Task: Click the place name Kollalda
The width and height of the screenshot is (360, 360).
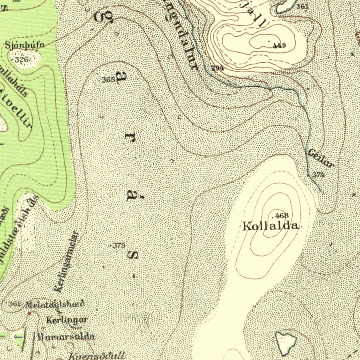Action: [270, 226]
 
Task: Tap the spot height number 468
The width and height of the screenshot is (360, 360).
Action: [282, 215]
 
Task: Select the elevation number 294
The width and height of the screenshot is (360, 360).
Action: [217, 68]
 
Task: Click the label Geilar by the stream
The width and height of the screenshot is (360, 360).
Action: [321, 158]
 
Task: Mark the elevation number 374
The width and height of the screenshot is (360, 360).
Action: [319, 174]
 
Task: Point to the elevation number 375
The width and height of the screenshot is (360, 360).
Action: [119, 245]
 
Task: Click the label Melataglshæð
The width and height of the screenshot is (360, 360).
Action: [55, 304]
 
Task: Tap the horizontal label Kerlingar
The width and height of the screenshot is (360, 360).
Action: [67, 320]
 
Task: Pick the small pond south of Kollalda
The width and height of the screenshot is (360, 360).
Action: [285, 342]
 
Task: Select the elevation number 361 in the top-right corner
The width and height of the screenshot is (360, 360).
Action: [302, 6]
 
